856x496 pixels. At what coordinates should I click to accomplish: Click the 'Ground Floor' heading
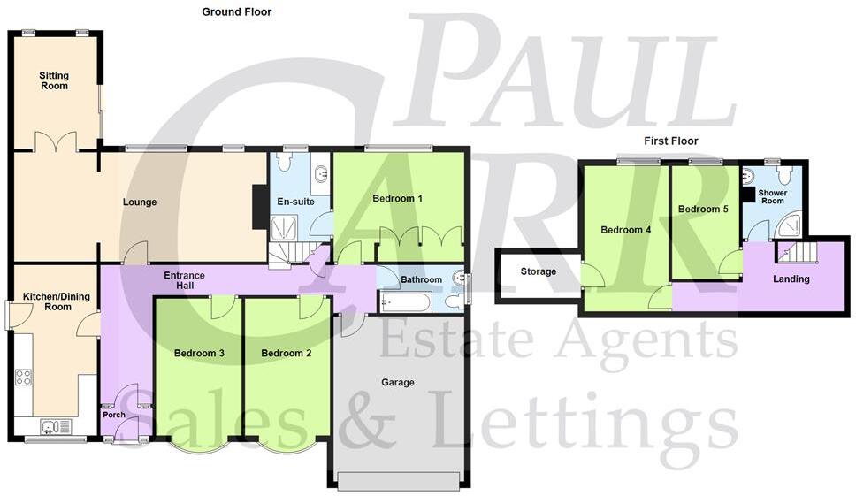coord(236,12)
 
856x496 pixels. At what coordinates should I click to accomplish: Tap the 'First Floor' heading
coord(670,141)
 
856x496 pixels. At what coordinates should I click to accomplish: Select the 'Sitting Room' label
coord(54,82)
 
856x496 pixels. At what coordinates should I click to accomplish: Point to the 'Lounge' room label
coord(140,202)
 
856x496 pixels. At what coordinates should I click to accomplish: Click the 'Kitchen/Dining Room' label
coord(46,301)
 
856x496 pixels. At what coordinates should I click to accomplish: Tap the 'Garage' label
coord(398,383)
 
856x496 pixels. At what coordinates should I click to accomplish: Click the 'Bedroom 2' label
coord(287,354)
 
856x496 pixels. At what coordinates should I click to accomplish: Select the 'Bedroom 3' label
coord(199,354)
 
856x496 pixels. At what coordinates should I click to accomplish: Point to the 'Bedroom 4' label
coord(626,230)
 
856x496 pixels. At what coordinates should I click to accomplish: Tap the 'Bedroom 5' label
coord(703,210)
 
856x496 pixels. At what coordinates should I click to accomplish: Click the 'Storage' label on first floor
coord(539,271)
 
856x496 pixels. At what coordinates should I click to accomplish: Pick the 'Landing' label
coord(791,279)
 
